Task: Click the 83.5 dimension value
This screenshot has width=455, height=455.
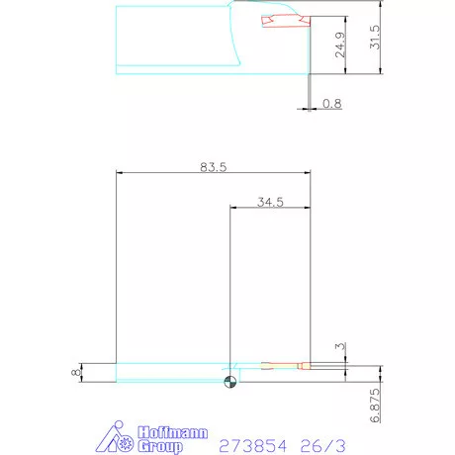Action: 214,167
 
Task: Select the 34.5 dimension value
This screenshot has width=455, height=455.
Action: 270,202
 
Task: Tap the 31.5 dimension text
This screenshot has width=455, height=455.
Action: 374,39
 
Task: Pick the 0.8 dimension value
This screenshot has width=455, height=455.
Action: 331,103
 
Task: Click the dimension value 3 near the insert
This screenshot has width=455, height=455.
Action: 339,347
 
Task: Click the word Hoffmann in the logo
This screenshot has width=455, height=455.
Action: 165,431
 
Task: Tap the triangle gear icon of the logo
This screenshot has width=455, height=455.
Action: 118,438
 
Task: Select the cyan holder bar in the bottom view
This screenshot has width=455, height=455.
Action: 168,373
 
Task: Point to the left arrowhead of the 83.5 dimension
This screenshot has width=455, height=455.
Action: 120,172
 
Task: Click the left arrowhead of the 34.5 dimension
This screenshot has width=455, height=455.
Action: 233,207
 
